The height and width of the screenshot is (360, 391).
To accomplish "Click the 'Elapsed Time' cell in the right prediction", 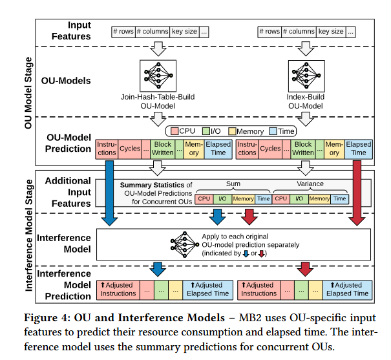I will tap(359, 149).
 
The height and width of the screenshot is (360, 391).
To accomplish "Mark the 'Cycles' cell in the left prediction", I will tap(129, 149).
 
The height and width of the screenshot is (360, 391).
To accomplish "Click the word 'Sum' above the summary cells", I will tap(233, 184).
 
